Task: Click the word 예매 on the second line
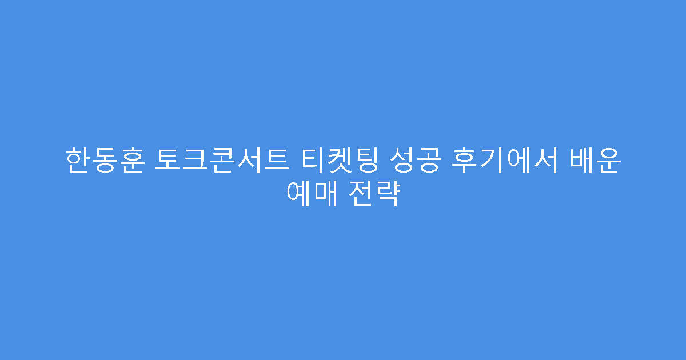click(310, 195)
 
